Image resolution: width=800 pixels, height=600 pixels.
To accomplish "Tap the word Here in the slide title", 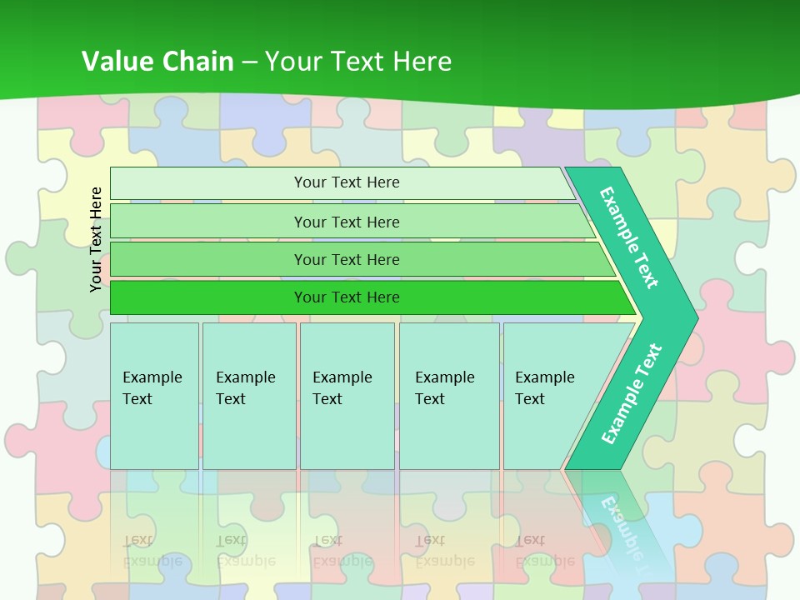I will click(422, 61).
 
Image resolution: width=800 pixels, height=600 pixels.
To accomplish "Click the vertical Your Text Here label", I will click(96, 239).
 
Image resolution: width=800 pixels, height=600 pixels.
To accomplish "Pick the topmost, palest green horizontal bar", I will click(208, 183).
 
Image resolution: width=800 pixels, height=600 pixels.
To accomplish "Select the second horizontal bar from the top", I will click(208, 222).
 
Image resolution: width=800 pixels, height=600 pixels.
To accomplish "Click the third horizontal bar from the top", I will click(208, 259).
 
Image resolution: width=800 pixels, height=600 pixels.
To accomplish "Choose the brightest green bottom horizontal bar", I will click(208, 297).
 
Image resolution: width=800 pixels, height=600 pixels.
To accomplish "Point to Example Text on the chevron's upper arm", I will click(629, 237).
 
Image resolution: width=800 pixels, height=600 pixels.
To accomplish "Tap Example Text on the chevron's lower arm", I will click(631, 394).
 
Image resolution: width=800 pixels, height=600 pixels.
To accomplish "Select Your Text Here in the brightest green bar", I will click(347, 297).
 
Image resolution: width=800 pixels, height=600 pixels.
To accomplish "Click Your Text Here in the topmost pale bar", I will click(347, 182).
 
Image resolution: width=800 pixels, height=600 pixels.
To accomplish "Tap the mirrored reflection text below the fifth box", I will click(544, 550).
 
